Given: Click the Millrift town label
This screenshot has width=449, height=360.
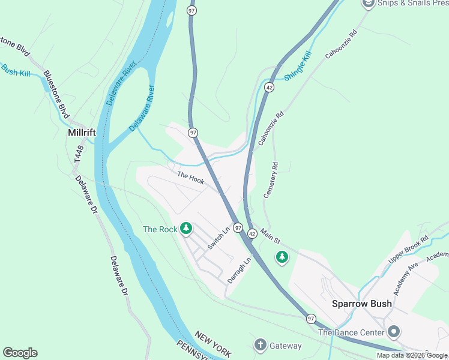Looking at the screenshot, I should click(x=83, y=131).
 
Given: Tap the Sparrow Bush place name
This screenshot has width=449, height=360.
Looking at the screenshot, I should click(x=362, y=304).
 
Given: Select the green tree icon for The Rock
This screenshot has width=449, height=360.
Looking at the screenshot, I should click(x=187, y=228).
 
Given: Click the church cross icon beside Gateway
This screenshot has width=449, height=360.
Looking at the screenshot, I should click(x=260, y=344).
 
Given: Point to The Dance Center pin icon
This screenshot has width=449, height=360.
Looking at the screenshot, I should click(x=394, y=332).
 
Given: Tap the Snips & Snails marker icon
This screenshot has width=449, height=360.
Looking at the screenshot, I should click(x=368, y=4).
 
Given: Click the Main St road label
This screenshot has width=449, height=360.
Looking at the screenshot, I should click(x=270, y=235).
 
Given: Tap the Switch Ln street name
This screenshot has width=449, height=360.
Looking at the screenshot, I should click(x=219, y=239).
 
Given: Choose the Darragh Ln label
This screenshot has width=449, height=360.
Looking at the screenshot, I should click(x=239, y=271).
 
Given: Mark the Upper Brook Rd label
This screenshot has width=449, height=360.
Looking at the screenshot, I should click(x=408, y=248).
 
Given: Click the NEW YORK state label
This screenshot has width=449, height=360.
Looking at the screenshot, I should click(x=213, y=344).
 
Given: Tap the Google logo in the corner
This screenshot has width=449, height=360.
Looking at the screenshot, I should click(x=20, y=353).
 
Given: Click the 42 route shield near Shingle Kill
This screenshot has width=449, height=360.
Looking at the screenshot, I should click(x=270, y=88).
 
